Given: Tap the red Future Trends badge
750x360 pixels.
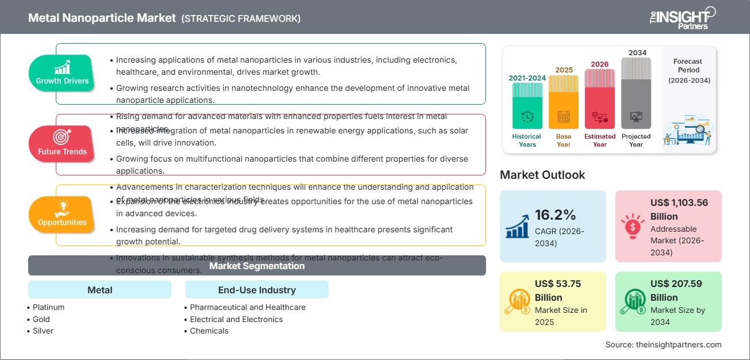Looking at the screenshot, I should [62, 144].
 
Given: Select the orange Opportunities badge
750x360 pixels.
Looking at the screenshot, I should [62, 215].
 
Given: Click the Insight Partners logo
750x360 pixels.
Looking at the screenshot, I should [682, 18].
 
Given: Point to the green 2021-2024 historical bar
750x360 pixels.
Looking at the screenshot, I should [527, 105].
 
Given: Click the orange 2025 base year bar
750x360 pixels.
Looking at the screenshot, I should [564, 102].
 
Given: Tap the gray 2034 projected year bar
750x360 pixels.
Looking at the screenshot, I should [636, 93].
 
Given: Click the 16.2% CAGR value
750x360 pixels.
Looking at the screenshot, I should [556, 215].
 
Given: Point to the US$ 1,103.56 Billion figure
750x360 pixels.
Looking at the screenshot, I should [679, 209].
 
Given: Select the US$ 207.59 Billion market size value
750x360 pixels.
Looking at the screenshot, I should [676, 290].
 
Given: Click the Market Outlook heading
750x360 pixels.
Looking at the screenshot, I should [542, 175].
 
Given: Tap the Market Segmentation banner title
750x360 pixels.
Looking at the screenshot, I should [257, 266].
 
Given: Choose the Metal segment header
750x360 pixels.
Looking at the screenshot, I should [100, 290].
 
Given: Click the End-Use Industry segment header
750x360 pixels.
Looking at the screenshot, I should [257, 290].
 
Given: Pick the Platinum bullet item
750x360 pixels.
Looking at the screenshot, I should [48, 307].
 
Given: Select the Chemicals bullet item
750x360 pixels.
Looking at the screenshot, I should [209, 331].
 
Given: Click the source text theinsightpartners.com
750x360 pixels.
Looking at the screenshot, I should [663, 344].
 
